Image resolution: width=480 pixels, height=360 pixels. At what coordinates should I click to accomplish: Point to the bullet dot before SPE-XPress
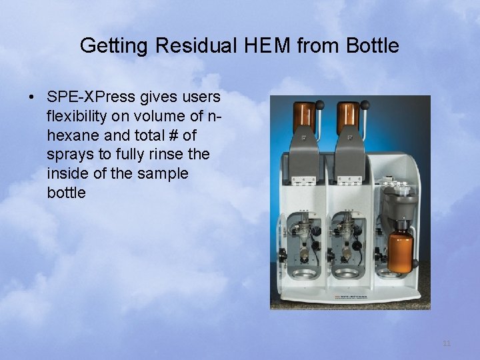coord(31,97)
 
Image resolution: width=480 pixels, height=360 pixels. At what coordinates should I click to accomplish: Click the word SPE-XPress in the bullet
coord(90,97)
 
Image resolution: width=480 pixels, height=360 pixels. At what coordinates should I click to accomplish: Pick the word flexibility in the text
coord(78,117)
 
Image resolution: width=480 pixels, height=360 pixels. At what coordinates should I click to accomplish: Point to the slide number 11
coord(447,343)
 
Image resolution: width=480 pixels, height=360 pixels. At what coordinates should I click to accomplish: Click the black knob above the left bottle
coord(319,104)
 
